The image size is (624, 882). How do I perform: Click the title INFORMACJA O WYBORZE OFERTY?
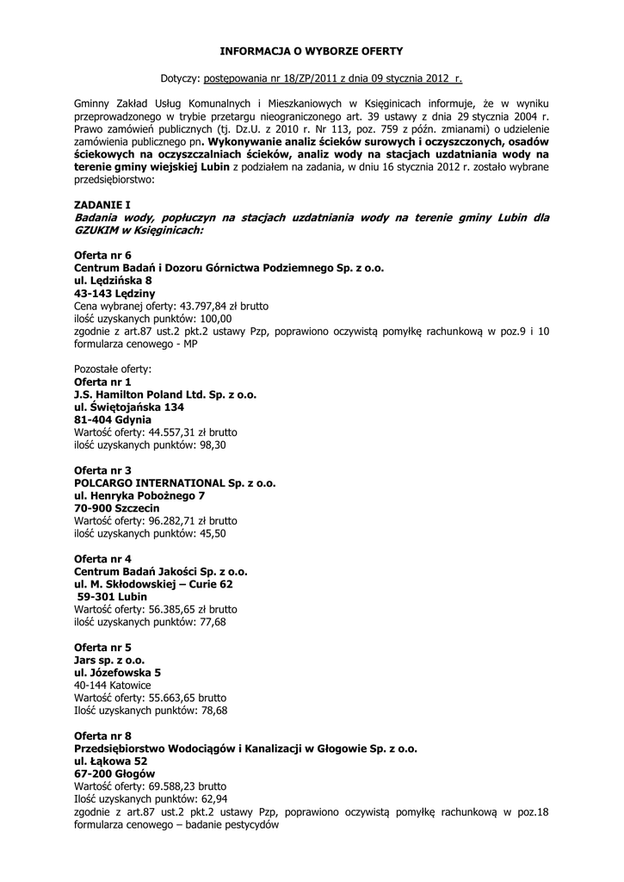(311, 52)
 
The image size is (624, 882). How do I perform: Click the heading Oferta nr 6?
(102, 256)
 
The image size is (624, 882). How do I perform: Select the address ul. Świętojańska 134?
(129, 407)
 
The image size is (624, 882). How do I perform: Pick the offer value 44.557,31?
(179, 432)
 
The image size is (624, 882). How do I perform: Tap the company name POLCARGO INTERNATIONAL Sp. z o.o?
(175, 483)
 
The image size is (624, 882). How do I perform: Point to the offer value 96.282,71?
(179, 521)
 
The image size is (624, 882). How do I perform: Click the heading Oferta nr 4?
(102, 559)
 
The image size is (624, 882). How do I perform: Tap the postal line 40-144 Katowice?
(113, 686)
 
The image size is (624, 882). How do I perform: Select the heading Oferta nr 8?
(102, 736)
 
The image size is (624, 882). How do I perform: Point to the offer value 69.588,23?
(179, 786)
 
